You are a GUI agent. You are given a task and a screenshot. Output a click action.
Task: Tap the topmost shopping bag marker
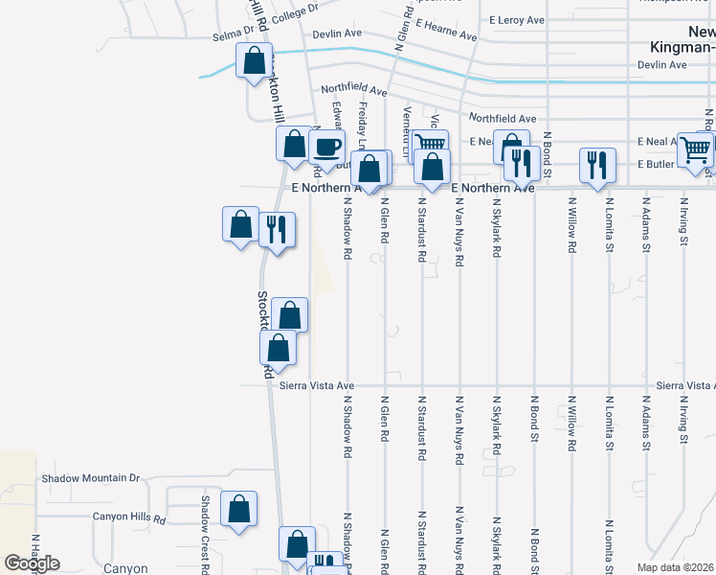254,61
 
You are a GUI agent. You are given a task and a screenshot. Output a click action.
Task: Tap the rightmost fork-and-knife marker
597,164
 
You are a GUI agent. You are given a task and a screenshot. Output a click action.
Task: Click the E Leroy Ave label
517,19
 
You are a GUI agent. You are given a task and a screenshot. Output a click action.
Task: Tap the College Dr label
294,12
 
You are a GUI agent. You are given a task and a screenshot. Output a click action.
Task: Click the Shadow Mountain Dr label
90,477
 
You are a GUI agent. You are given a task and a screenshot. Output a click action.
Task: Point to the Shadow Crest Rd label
204,527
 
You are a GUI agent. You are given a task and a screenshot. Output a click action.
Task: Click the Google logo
32,563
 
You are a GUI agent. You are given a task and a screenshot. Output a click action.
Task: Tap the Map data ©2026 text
676,567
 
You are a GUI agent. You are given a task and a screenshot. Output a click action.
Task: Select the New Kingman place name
681,38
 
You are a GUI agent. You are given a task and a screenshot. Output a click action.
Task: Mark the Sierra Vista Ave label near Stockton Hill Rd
312,386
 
